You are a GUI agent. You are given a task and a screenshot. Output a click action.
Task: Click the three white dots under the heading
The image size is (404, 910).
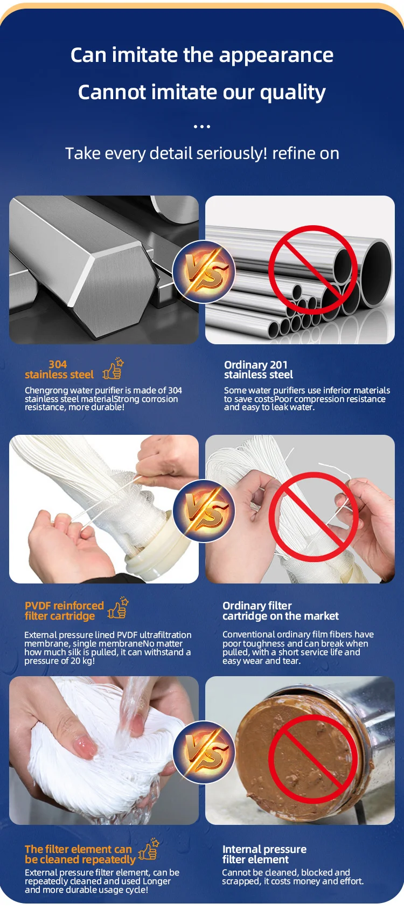pos(202,127)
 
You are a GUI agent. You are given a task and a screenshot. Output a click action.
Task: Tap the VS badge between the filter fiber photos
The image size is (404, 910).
pos(204,510)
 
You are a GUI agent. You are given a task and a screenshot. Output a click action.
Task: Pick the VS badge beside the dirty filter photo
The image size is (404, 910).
pos(204,752)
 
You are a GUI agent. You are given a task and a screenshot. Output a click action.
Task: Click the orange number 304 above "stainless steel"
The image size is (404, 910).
pos(58,364)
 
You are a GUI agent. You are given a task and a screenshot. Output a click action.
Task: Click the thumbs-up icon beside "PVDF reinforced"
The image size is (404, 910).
pos(118,608)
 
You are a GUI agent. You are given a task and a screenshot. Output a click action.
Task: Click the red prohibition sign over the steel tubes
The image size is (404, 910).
pos(313,270)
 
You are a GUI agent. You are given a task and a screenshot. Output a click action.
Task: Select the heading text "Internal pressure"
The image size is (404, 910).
pos(264,849)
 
